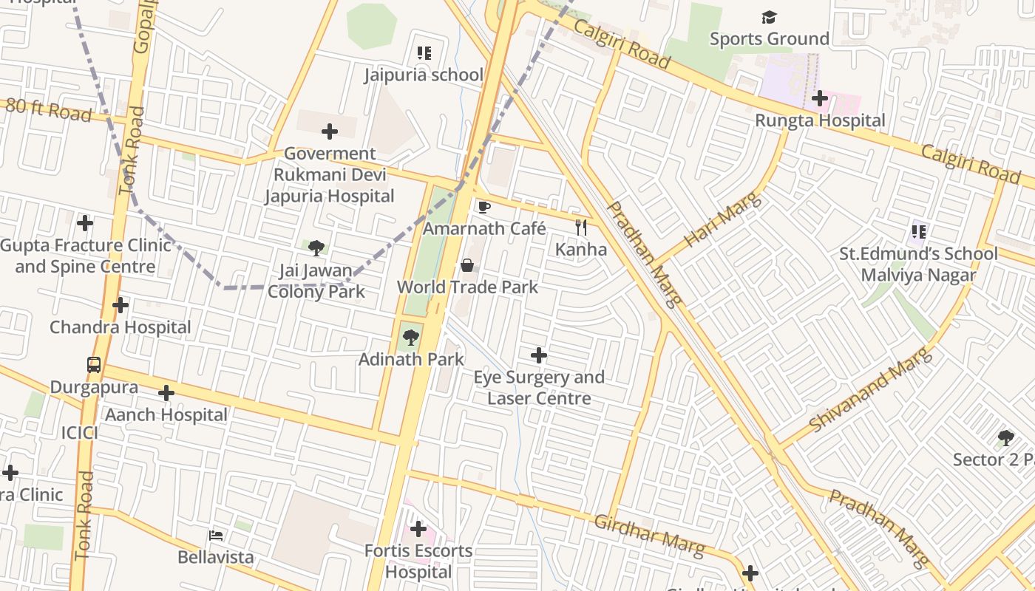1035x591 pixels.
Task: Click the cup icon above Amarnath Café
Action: coord(484,207)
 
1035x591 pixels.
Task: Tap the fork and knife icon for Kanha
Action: coord(581,228)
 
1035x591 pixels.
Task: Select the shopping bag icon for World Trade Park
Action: coord(467,265)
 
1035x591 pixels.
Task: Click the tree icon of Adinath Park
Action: coord(411,338)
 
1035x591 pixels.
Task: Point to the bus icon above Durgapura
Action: coord(94,365)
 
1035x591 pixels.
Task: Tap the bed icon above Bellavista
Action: coord(216,535)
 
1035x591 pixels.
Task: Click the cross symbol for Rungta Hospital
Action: coord(819,98)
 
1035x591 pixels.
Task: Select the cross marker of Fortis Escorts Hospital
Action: coord(418,529)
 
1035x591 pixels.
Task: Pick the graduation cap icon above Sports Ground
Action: coord(770,17)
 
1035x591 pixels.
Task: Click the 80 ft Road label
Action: coord(49,110)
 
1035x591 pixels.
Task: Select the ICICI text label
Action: coord(79,433)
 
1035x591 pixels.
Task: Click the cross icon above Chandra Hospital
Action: coord(121,305)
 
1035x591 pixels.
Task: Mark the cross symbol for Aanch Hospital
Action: coord(166,393)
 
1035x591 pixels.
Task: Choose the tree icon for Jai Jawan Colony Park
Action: coord(316,247)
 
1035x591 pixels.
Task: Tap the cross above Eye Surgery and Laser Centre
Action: coord(539,355)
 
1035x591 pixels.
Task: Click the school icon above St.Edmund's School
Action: coord(919,232)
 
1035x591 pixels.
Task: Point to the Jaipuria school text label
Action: coord(424,75)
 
